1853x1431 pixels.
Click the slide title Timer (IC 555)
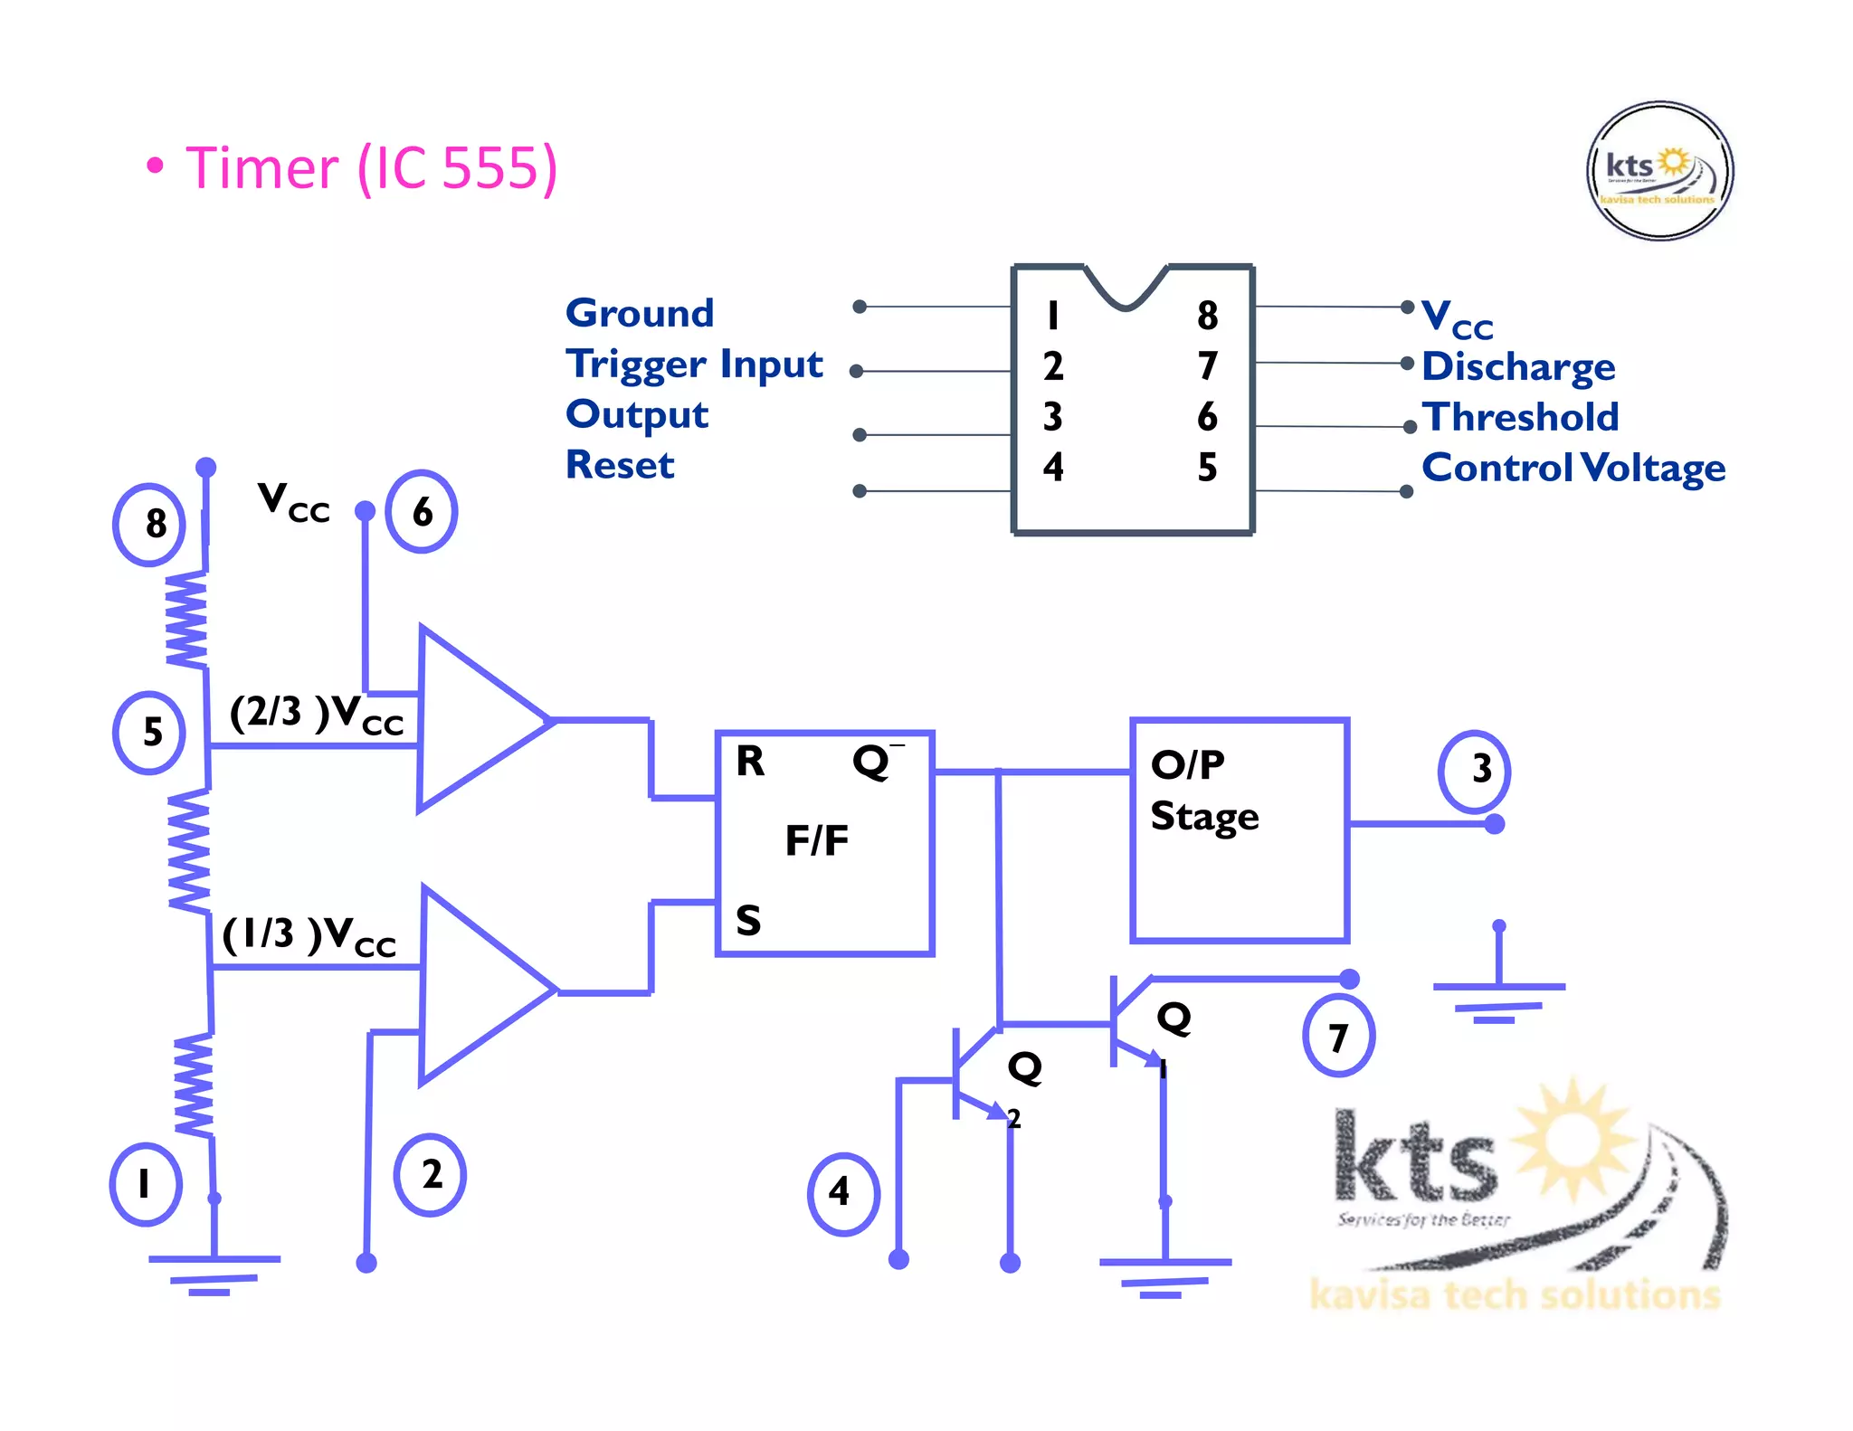tap(371, 168)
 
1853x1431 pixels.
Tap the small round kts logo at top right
tap(1659, 171)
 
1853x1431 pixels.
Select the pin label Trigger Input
tap(694, 364)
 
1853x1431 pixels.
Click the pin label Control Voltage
tap(1573, 468)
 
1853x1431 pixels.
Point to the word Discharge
tap(1517, 366)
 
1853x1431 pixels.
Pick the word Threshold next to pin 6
tap(1520, 417)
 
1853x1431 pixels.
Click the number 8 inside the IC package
tap(1207, 316)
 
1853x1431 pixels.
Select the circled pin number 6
tap(422, 512)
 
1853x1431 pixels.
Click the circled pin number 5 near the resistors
tap(150, 732)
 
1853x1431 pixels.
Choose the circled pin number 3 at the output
tap(1475, 769)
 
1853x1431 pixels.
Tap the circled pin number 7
tap(1338, 1037)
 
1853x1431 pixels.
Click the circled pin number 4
tap(841, 1192)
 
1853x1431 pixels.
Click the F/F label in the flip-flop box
tap(816, 840)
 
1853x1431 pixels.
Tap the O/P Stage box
tap(1240, 830)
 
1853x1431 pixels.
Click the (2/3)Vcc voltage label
tap(315, 715)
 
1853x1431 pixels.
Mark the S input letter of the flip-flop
tap(748, 921)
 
